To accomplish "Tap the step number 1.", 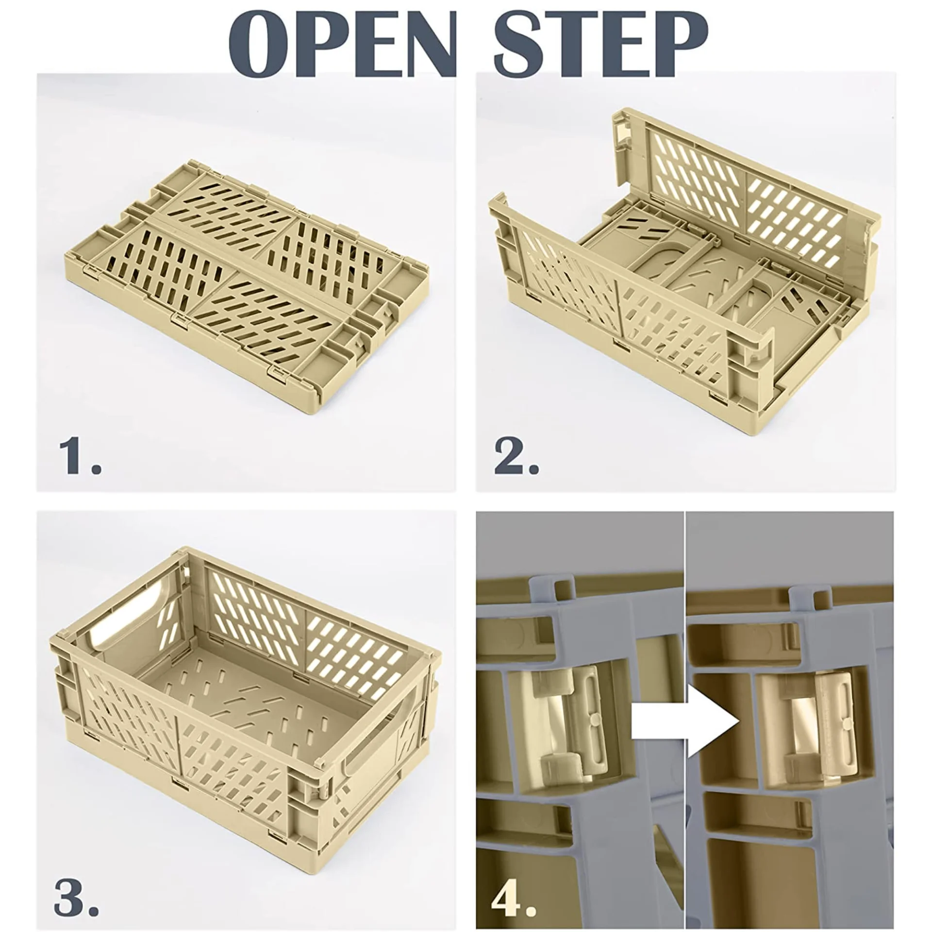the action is tap(80, 456).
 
